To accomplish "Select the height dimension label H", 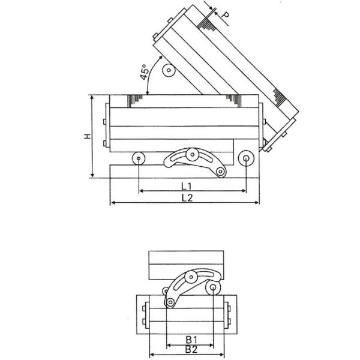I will click(x=88, y=137).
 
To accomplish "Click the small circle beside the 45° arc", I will click(x=169, y=71).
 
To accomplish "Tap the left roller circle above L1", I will click(x=139, y=158).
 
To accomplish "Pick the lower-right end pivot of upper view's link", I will click(x=221, y=172).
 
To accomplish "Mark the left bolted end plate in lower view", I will click(x=146, y=316).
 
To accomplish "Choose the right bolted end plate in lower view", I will click(x=229, y=316).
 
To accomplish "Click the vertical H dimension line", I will click(x=92, y=136).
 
